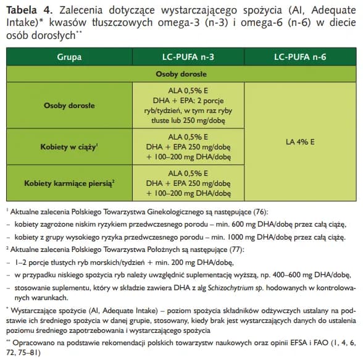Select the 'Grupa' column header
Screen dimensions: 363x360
pyautogui.click(x=69, y=56)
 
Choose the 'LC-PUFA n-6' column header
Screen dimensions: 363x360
pyautogui.click(x=300, y=56)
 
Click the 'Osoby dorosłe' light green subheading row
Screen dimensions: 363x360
pyautogui.click(x=181, y=73)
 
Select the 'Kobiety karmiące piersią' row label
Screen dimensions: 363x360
pyautogui.click(x=69, y=184)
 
